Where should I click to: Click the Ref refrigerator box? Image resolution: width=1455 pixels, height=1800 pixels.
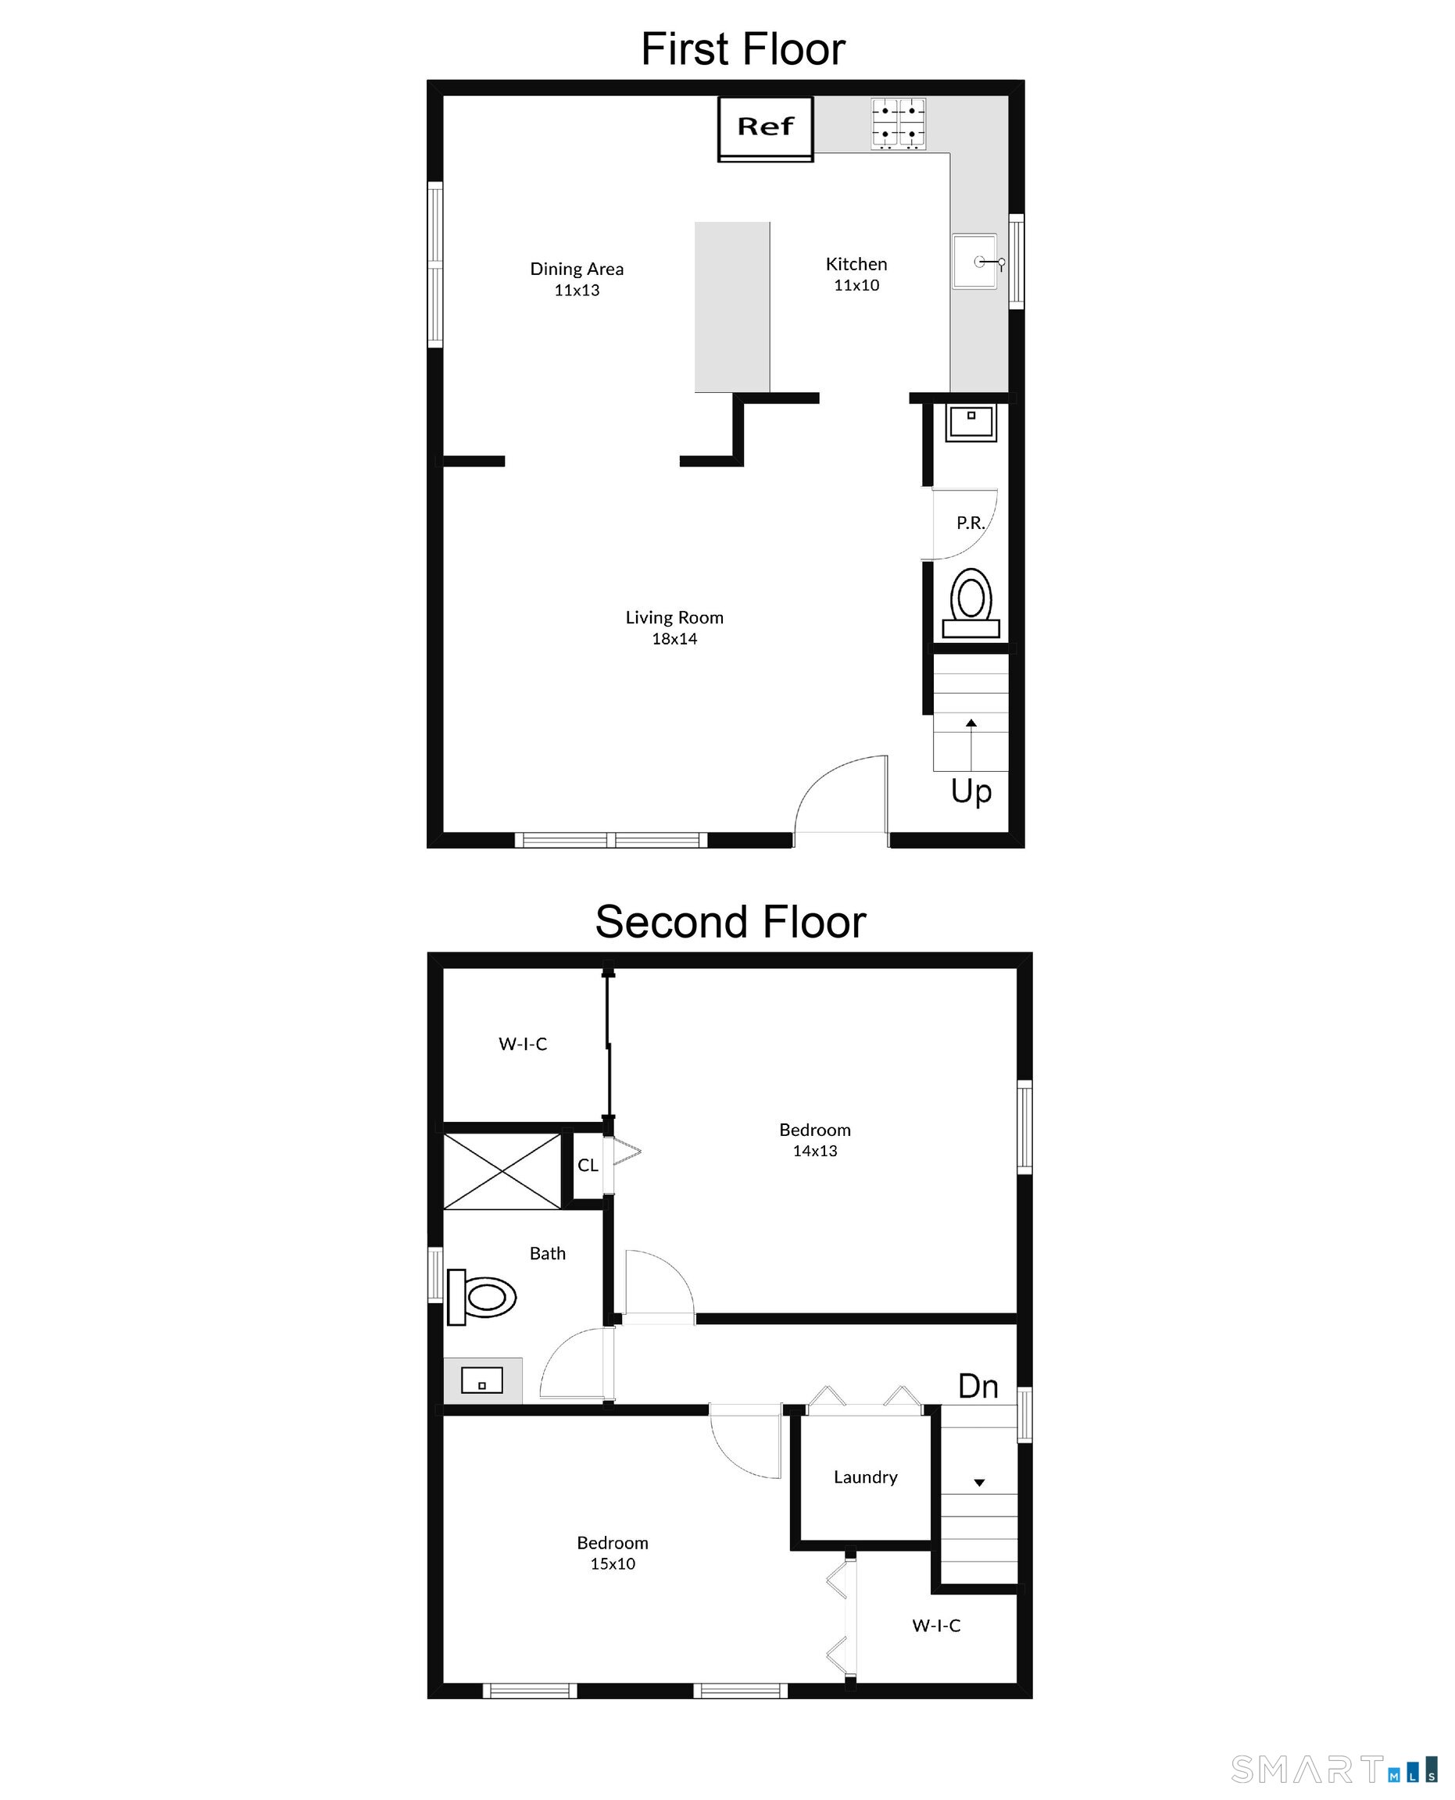(x=764, y=127)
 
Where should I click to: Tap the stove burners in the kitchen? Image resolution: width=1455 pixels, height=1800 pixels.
(x=898, y=123)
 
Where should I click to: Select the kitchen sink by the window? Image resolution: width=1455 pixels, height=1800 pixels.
(x=974, y=262)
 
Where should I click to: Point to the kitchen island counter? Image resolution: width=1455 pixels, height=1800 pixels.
(x=731, y=307)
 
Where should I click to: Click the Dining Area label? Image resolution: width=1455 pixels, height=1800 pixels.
(x=577, y=269)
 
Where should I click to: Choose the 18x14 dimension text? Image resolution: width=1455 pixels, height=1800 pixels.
(x=674, y=638)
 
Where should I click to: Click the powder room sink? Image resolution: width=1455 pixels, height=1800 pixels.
(x=971, y=422)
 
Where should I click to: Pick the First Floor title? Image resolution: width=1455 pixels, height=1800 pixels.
(x=742, y=48)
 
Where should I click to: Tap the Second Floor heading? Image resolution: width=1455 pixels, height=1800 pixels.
(x=730, y=922)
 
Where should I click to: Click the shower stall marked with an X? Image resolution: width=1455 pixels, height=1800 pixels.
(x=501, y=1170)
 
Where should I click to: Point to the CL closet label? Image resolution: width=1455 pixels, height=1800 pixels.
(x=588, y=1165)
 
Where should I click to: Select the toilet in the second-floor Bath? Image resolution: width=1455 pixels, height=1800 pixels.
(x=481, y=1297)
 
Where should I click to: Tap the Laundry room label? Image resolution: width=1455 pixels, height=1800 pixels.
(x=865, y=1477)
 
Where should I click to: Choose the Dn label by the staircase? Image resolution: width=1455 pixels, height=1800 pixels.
(x=978, y=1386)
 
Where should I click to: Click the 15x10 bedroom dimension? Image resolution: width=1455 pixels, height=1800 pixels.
(x=612, y=1564)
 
